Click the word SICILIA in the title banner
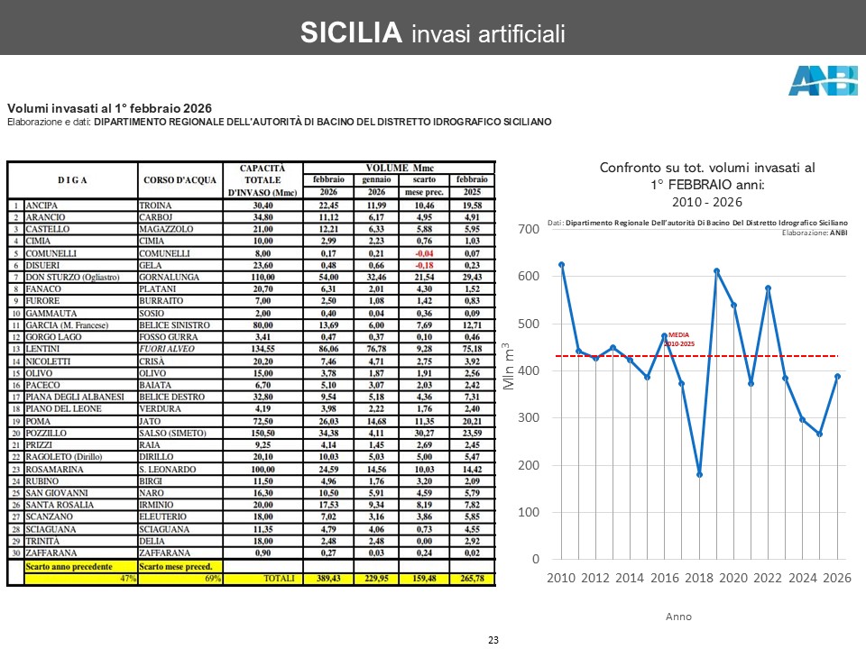(351, 33)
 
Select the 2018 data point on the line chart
(699, 474)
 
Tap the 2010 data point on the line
(561, 264)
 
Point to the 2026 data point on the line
(837, 376)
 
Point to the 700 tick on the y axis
(528, 230)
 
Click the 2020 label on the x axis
(733, 578)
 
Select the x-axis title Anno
(678, 617)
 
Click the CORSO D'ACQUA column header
(180, 180)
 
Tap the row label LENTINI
(44, 348)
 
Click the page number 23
(493, 639)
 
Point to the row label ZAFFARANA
(51, 553)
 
